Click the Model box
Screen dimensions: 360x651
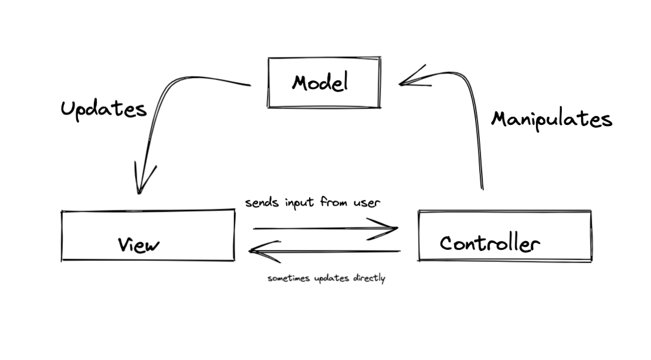click(324, 83)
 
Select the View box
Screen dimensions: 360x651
click(148, 235)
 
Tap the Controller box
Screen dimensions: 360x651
click(504, 235)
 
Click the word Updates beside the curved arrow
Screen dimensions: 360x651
click(103, 109)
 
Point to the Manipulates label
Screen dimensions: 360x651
click(551, 119)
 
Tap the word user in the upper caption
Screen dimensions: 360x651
click(367, 203)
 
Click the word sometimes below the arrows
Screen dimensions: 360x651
click(287, 279)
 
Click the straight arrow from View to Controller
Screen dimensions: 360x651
click(323, 228)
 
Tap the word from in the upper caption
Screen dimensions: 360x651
click(333, 202)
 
